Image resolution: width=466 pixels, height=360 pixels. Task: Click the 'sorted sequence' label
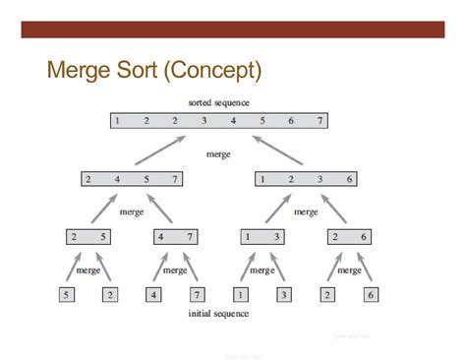(x=218, y=102)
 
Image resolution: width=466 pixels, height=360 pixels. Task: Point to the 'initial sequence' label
(x=218, y=314)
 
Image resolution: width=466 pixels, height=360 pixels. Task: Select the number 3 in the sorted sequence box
(x=204, y=121)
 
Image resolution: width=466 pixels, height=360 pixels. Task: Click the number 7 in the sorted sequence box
(x=320, y=121)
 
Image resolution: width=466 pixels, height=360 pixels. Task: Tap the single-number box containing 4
(x=153, y=293)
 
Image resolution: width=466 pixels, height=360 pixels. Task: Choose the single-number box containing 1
(x=240, y=293)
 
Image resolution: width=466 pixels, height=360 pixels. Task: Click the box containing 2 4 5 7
(x=131, y=179)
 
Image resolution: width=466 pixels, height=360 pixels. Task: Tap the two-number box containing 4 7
(x=174, y=236)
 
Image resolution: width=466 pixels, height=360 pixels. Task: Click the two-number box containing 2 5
(x=89, y=236)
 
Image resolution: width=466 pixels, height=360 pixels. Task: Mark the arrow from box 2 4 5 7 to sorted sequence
(x=160, y=150)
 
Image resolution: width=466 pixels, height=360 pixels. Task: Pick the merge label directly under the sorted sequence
(x=218, y=154)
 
